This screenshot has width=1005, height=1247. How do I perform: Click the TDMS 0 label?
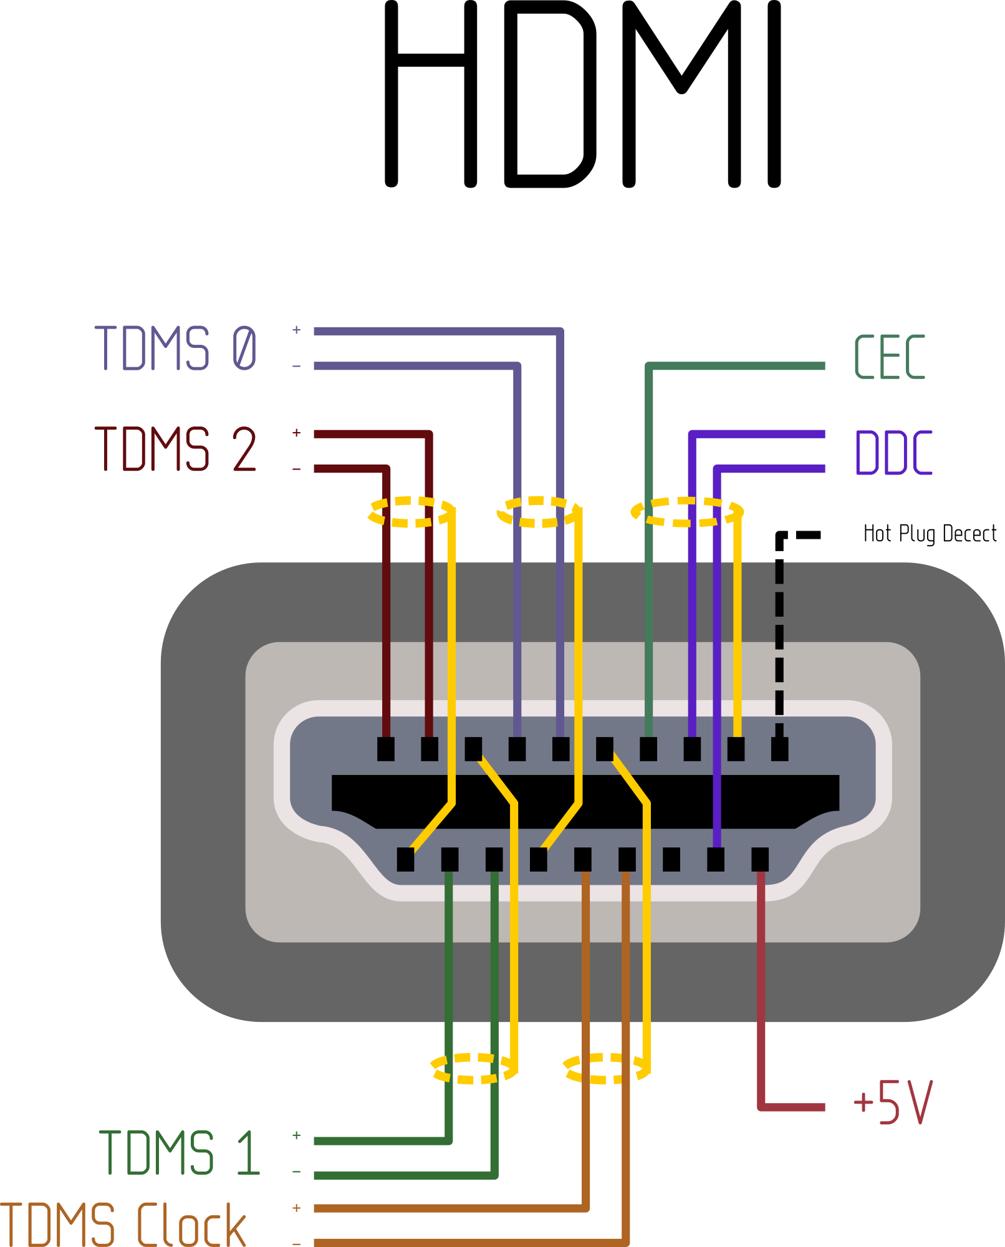175,349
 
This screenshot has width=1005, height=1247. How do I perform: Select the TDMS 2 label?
175,449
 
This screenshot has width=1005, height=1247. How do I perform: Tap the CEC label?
889,357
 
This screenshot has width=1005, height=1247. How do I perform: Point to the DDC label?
893,453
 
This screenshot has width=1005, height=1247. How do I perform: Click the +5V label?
892,1102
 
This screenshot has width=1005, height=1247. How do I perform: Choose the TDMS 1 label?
180,1153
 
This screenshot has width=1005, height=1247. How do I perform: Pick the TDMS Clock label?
123,1225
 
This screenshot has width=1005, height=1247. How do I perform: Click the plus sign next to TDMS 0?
297,330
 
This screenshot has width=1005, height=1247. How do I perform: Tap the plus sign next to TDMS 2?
297,433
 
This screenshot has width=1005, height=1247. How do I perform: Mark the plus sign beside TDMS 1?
297,1135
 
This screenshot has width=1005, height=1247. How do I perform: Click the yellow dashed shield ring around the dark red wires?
411,512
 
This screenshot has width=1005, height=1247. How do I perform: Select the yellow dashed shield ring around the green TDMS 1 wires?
474,1068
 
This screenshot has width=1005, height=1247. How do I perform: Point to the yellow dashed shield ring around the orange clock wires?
605,1068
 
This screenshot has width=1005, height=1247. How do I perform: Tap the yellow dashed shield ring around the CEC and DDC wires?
686,512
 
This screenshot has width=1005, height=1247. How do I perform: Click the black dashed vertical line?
779,648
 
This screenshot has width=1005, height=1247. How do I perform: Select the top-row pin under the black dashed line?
779,749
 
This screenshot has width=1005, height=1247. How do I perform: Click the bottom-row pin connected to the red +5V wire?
760,859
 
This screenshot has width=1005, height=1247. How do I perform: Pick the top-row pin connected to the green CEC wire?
648,749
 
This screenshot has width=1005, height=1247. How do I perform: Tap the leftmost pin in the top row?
386,749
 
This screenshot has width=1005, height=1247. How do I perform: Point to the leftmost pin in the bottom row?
405,859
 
